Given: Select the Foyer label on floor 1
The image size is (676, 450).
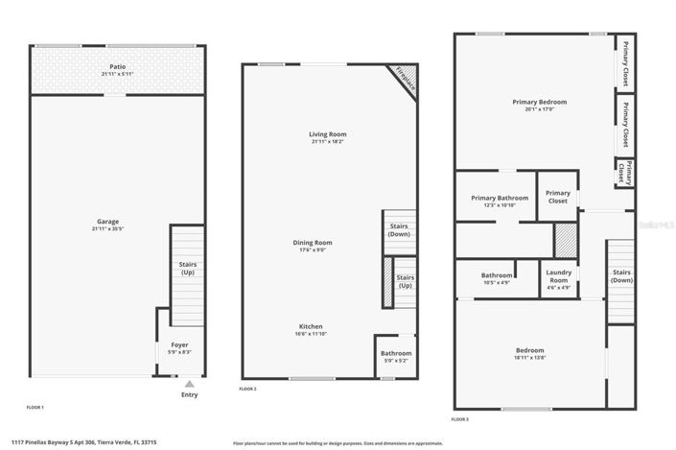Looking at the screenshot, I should [179, 344].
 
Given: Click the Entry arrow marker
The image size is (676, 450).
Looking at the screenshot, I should [189, 385].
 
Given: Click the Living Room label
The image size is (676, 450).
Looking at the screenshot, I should [327, 133].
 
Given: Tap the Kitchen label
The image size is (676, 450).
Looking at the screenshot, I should [310, 325].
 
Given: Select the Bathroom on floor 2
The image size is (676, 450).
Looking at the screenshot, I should [396, 353].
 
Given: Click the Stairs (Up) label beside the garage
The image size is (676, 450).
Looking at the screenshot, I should [188, 269].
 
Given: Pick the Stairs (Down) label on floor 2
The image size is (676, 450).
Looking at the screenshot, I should [399, 230].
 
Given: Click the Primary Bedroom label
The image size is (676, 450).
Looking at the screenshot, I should [540, 102].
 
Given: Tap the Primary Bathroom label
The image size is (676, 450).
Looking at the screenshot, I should [500, 198].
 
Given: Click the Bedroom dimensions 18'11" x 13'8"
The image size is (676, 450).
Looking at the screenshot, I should [529, 358].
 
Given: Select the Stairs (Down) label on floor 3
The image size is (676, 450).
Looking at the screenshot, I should [621, 276].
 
